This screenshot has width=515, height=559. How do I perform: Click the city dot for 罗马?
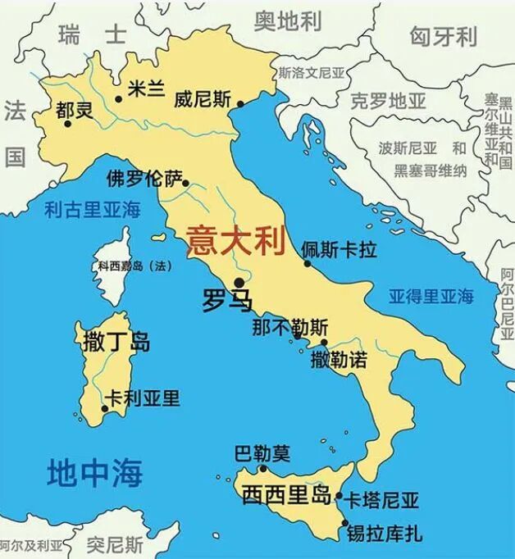tap(238, 282)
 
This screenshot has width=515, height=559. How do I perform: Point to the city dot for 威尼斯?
tap(240, 103)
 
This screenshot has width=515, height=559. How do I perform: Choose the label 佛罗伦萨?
tap(144, 179)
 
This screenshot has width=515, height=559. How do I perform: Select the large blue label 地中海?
tap(95, 473)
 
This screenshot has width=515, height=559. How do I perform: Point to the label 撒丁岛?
tap(116, 341)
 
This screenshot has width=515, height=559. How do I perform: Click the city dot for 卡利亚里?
tap(105, 407)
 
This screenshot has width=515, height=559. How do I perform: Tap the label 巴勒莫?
tap(262, 452)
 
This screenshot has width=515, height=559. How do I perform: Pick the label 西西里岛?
tap(286, 496)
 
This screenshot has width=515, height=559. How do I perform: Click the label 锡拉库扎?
tap(385, 534)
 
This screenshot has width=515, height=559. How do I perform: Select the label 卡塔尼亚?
tap(381, 500)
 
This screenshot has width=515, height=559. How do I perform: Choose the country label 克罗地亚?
tap(389, 102)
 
